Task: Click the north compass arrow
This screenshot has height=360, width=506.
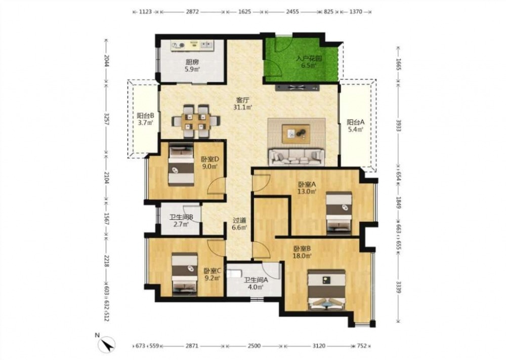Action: click(x=109, y=344)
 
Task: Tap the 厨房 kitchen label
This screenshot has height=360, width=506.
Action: click(x=192, y=62)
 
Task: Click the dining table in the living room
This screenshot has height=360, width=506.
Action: click(x=196, y=121)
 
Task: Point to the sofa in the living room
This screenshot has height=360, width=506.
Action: click(x=296, y=157)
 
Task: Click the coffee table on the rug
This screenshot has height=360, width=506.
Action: click(x=296, y=134)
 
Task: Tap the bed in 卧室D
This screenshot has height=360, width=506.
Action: click(x=181, y=165)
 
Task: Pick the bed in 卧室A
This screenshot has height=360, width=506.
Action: click(x=339, y=213)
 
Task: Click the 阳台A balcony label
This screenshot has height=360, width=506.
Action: click(x=356, y=123)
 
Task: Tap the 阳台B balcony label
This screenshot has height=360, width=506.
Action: click(x=145, y=115)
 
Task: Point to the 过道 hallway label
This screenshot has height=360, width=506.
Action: click(x=240, y=221)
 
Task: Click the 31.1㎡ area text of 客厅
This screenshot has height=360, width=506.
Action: click(x=243, y=107)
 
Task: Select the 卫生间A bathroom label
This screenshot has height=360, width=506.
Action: click(x=256, y=280)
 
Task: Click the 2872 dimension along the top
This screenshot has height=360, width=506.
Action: click(x=192, y=12)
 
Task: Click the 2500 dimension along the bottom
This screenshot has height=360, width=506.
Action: click(x=254, y=346)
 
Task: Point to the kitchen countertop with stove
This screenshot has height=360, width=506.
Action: click(x=192, y=46)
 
